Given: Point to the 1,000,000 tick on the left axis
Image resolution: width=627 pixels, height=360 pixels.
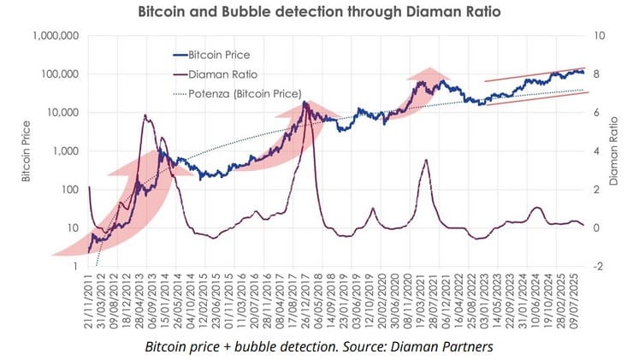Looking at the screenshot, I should tap(56, 36).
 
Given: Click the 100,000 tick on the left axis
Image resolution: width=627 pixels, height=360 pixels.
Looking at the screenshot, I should tap(61, 74).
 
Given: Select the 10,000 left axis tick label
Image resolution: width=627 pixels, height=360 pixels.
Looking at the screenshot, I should tap(63, 113).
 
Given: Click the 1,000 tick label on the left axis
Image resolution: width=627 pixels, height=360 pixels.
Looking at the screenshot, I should tap(66, 151).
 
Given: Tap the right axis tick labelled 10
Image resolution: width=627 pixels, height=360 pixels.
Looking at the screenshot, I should tap(600, 36).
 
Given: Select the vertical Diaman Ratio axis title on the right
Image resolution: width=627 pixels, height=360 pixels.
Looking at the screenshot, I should tap(614, 151).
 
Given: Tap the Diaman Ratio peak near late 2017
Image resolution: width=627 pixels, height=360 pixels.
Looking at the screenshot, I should tap(305, 103).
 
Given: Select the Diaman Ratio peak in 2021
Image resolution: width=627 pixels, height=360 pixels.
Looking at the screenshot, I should tap(426, 160).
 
